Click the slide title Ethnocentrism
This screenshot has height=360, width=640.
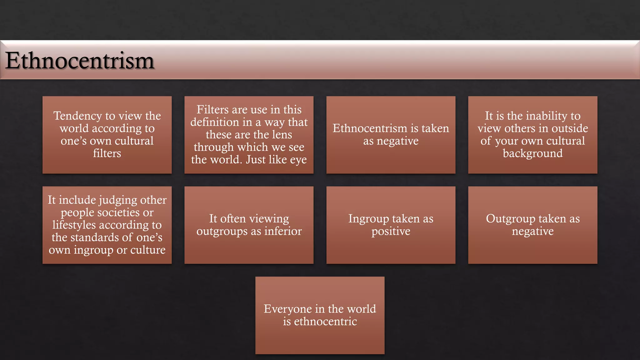[80, 61]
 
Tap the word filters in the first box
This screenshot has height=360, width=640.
[107, 153]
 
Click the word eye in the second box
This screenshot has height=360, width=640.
[298, 160]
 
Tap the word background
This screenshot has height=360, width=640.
[532, 153]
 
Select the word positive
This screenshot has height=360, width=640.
[391, 232]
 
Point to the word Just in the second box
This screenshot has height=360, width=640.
[256, 160]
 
